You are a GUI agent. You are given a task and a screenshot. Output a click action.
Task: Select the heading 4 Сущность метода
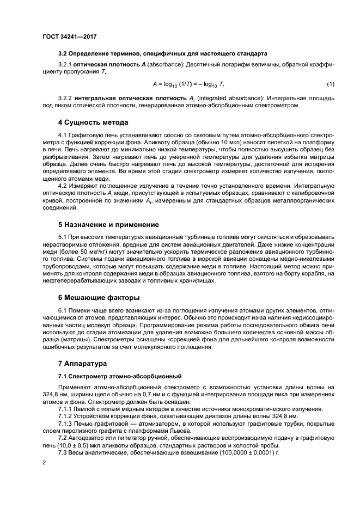coord(93,122)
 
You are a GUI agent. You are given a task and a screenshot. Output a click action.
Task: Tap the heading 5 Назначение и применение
coord(108,224)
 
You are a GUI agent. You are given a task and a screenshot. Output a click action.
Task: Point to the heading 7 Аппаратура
coord(83,363)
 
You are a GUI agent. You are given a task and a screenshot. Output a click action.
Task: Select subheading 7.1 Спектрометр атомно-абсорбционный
coord(119,377)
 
